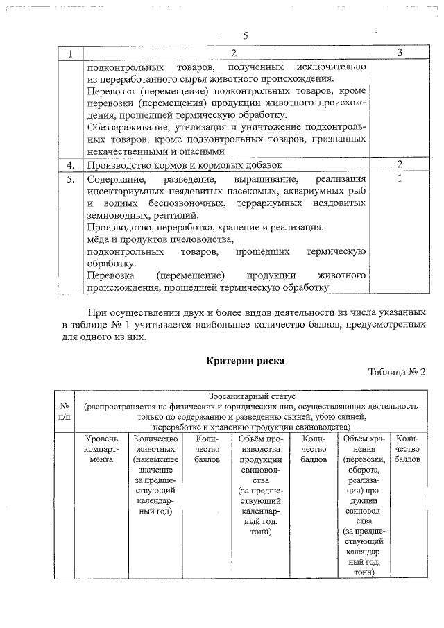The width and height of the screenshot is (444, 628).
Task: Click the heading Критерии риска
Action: (246, 360)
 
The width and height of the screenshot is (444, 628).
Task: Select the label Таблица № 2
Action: (396, 373)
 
